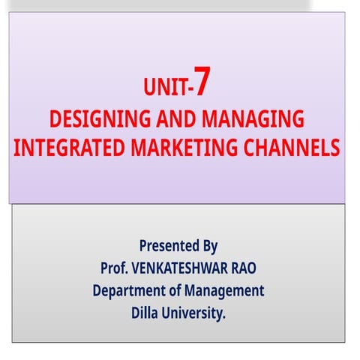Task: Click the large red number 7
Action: coord(206,85)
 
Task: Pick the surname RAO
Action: coord(250,268)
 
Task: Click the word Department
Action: coord(128,291)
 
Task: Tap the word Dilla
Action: coord(147,314)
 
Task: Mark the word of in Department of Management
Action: coord(175,291)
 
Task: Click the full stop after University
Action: coord(224,318)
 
